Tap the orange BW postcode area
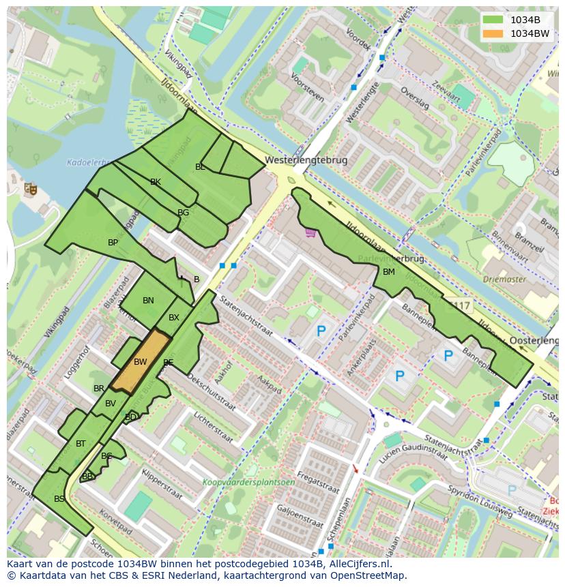141,361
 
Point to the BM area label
388,272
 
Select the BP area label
113,242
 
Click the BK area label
156,182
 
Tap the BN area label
148,301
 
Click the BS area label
59,499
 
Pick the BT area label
81,444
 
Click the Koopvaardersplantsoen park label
248,482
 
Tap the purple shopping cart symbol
311,233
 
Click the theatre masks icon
30,188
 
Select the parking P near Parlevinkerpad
321,332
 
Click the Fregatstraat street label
318,488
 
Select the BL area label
200,167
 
